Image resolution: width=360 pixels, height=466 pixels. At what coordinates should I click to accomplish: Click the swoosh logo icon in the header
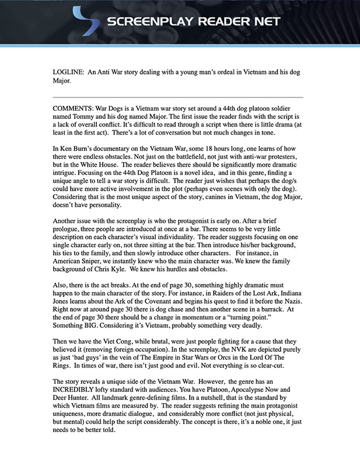click(85, 22)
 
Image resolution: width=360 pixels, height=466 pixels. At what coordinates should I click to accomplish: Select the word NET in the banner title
click(265, 22)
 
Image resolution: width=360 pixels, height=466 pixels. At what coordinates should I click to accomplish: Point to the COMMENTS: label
click(73, 108)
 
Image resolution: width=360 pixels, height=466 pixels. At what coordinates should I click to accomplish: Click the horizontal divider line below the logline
click(177, 96)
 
